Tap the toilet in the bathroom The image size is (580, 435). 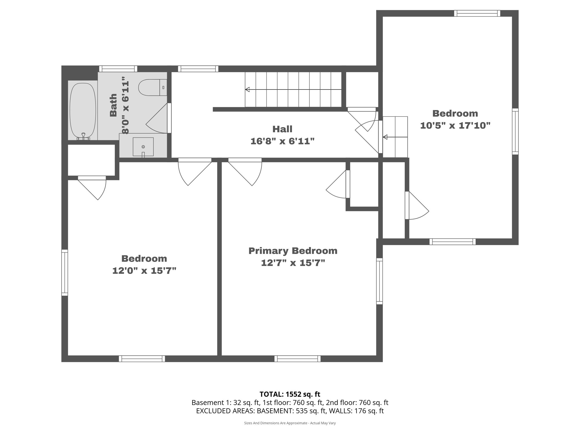point(150,88)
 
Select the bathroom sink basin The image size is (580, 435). point(143,147)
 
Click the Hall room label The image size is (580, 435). point(282,129)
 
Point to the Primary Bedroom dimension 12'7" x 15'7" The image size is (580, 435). point(293,263)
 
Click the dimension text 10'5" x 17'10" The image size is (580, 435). point(455,125)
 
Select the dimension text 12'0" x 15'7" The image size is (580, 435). point(144,271)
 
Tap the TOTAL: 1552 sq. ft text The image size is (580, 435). point(290,394)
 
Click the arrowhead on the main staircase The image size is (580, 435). point(247,89)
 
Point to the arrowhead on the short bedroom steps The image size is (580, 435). point(385,137)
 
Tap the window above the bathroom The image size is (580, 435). point(118,69)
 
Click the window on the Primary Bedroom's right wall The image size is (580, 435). point(379,281)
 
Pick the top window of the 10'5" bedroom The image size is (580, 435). point(477,13)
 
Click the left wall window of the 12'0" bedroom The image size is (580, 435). point(65,272)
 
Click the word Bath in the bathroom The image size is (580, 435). point(113,105)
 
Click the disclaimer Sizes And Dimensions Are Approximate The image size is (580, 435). point(290,423)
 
